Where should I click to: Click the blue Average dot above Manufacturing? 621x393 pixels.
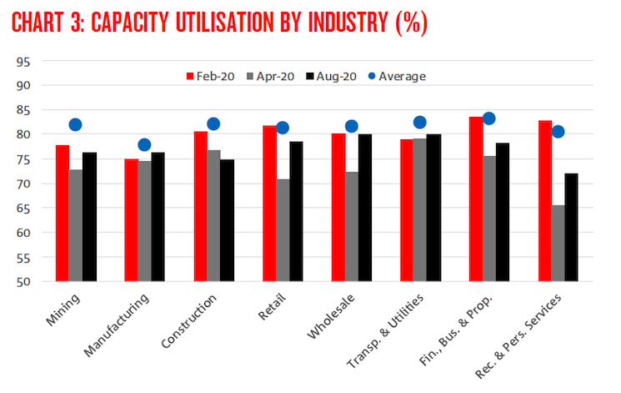point(144,144)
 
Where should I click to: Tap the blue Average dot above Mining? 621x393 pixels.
point(76,125)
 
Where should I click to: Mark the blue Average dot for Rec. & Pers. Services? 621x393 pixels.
point(558,131)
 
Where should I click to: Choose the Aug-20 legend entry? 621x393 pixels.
point(334,76)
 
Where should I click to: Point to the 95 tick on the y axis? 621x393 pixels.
point(23,61)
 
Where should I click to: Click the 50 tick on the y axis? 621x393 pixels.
point(23,281)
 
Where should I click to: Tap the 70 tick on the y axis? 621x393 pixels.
point(23,184)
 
